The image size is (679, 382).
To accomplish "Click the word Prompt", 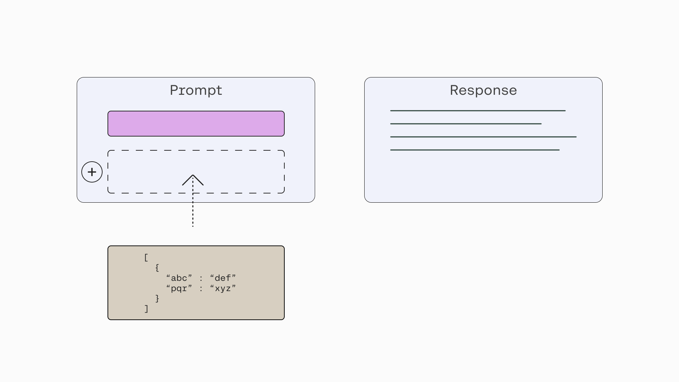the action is [196, 91].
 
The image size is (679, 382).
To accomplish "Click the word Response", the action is [483, 90].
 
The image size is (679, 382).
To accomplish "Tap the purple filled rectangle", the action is [196, 123].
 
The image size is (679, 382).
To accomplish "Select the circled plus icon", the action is [92, 172].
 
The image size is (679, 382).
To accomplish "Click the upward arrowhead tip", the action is [193, 175].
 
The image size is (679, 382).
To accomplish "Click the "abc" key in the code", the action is [179, 278].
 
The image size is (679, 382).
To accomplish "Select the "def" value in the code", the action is [223, 278].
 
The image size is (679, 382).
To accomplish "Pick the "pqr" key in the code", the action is [179, 289].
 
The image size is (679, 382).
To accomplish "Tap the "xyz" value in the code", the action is [223, 289].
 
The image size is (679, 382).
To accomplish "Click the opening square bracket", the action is [146, 257].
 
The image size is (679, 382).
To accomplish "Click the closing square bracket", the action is [146, 309].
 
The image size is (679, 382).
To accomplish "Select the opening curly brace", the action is [157, 268].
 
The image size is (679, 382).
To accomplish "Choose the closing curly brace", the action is [157, 299].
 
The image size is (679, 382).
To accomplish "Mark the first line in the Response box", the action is [478, 111].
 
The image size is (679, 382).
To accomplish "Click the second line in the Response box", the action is [466, 124].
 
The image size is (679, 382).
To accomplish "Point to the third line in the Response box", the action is [483, 137].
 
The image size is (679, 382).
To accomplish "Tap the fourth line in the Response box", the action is [475, 150].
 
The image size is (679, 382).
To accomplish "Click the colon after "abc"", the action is [201, 279].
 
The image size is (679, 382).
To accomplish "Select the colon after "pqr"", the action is [201, 289].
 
